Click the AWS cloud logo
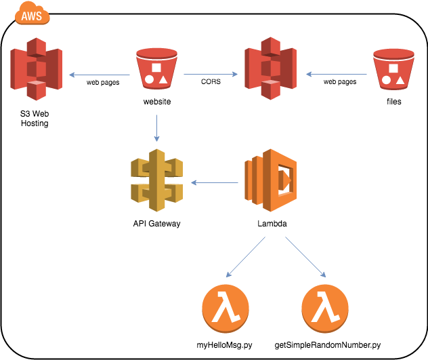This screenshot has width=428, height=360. tap(33, 16)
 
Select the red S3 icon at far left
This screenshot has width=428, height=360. tap(36, 68)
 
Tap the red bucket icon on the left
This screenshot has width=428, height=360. tap(156, 68)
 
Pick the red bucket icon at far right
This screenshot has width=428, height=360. tap(393, 69)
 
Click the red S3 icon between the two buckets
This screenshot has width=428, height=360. tap(270, 68)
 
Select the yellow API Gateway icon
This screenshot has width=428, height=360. tap(156, 180)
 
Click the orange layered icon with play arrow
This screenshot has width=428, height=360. tap(271, 180)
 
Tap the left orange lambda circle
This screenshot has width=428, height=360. tap(226, 308)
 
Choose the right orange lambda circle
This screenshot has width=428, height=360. tap(325, 308)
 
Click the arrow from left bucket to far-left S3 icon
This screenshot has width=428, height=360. tap(99, 75)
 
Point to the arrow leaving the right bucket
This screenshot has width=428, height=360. tap(337, 74)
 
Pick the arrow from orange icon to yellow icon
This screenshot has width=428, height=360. tap(215, 182)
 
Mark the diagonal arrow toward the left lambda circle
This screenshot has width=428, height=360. tap(245, 257)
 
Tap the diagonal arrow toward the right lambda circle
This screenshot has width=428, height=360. tap(305, 257)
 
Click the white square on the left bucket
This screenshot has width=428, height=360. tap(156, 67)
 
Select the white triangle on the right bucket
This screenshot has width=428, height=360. tap(400, 81)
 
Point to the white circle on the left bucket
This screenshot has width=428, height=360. tap(149, 79)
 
